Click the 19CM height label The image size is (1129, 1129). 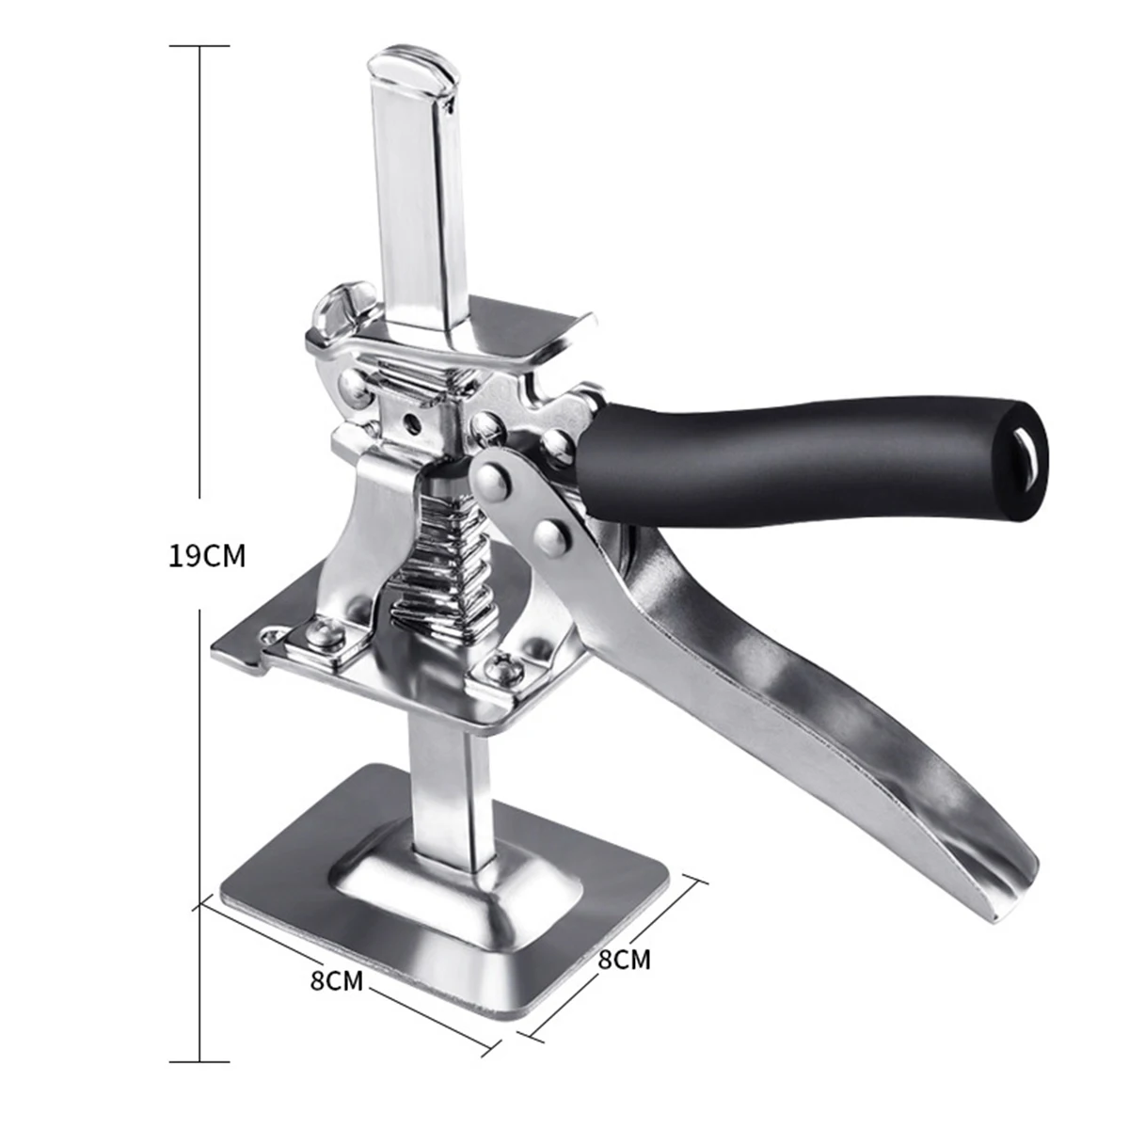tap(207, 556)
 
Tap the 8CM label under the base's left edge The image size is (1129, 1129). tap(336, 980)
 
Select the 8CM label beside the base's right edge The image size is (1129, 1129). tap(624, 960)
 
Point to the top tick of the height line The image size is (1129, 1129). tap(199, 45)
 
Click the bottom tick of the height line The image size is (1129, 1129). tap(199, 1061)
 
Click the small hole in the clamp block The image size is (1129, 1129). tap(410, 421)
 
